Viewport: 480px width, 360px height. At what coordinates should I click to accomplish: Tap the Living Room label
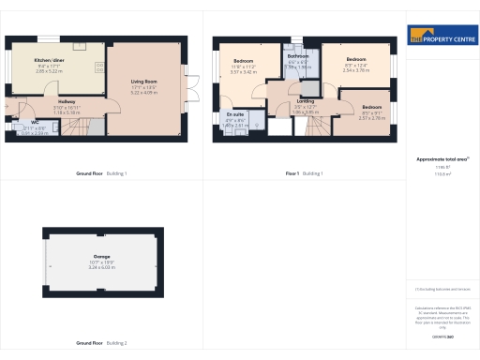tap(144, 82)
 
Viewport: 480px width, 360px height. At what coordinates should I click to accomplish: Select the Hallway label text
tap(67, 101)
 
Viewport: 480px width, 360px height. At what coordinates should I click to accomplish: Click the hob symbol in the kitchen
tap(100, 66)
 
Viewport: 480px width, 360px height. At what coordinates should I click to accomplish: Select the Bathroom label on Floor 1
tap(298, 56)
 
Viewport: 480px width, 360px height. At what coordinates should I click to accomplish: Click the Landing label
tap(306, 101)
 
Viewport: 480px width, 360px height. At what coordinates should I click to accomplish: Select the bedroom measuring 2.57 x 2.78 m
tap(372, 108)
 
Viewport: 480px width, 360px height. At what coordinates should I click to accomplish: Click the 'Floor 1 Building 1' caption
tap(304, 173)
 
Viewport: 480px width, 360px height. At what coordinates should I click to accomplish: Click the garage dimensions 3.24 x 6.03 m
tap(101, 267)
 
